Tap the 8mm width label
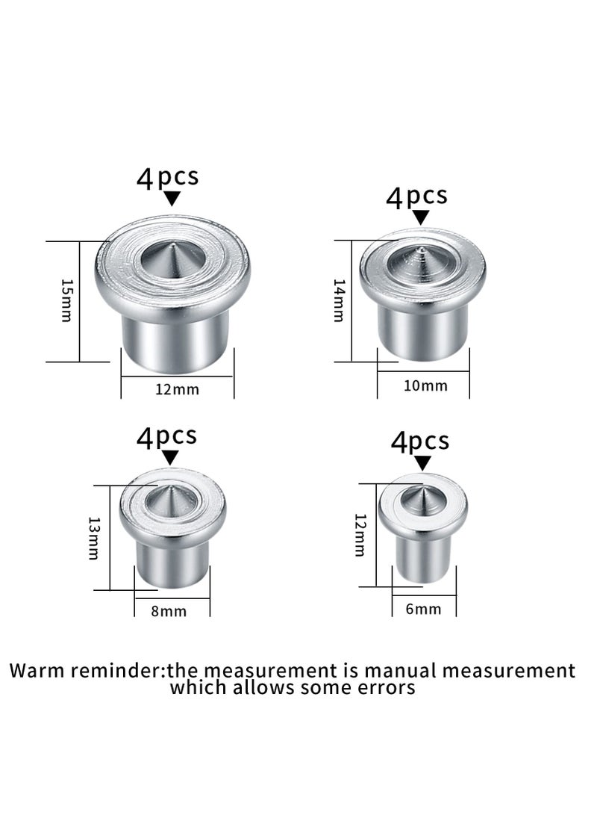[169, 611]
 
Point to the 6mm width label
[423, 609]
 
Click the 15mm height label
[66, 300]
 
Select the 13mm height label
[93, 537]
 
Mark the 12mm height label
[360, 535]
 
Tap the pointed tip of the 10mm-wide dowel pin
[422, 252]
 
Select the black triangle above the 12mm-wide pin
[172, 199]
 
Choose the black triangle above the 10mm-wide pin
[422, 217]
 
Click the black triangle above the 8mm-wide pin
[171, 457]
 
